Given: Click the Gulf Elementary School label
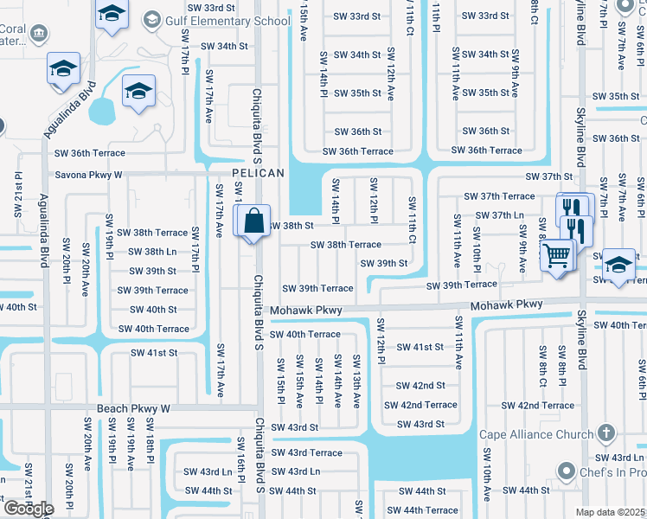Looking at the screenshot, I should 226,20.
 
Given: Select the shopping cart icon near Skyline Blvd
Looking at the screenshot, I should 557,255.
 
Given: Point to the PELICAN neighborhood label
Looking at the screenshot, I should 259,174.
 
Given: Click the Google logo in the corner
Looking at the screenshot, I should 28,508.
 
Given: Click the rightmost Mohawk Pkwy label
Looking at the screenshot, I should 506,304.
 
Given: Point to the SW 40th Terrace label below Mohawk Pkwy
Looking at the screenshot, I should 304,334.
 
